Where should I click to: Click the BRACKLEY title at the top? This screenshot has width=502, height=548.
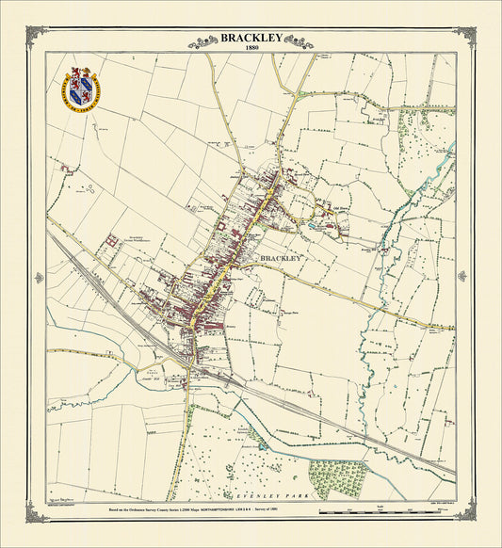click(251, 38)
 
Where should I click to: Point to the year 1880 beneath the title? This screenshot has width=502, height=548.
click(251, 48)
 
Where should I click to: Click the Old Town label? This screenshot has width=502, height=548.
click(339, 209)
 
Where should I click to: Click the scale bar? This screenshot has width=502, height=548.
click(386, 514)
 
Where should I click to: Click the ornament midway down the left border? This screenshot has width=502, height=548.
click(39, 278)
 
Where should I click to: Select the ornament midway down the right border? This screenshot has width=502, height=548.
click(462, 276)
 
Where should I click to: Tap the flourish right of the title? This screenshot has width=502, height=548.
click(299, 41)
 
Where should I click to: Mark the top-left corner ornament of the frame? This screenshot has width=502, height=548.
click(39, 34)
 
